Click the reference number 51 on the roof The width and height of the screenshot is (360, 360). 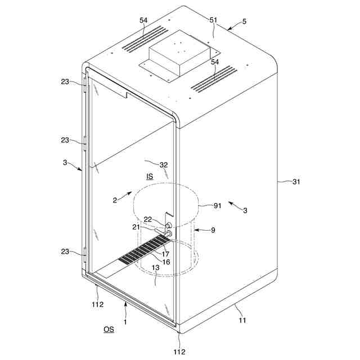pos(214,20)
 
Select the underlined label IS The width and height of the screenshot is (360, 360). pos(150,177)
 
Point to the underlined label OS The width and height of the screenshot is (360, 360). pos(109,329)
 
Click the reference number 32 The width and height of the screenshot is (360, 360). pos(164,165)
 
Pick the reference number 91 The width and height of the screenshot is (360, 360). pos(217,206)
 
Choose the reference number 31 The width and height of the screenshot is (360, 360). pos(296,182)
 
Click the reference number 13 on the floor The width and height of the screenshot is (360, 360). pos(156,269)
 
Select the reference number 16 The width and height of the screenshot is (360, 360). pos(166,262)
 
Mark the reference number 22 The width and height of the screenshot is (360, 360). pos(147,219)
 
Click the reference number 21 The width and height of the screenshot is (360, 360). pos(136,227)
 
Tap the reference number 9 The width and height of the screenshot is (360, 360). pos(212,229)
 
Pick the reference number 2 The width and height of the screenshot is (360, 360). pos(114,200)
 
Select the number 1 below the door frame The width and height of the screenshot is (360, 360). pos(125,323)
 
